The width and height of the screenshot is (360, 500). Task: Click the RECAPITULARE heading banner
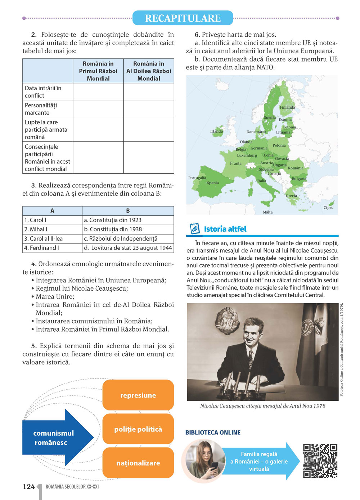point(183,18)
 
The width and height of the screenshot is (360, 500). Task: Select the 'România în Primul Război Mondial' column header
point(98,71)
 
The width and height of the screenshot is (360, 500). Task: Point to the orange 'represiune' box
point(138,395)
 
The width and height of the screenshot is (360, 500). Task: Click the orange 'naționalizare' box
point(138,463)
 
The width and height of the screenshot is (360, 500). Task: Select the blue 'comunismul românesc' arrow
point(54,438)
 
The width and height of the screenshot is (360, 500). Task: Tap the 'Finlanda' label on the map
point(287,107)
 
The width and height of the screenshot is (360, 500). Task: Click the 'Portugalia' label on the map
point(197,178)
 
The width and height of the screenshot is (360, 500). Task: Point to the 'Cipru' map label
point(328,208)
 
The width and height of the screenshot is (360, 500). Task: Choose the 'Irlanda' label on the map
point(216,131)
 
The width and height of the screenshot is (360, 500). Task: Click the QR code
point(320,461)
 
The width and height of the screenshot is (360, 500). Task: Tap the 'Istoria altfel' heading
point(225,229)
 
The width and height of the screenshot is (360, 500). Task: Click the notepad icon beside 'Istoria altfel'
point(194,229)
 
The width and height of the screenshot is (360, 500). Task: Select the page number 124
point(29,487)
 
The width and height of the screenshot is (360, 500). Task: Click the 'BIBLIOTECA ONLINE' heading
point(213,432)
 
